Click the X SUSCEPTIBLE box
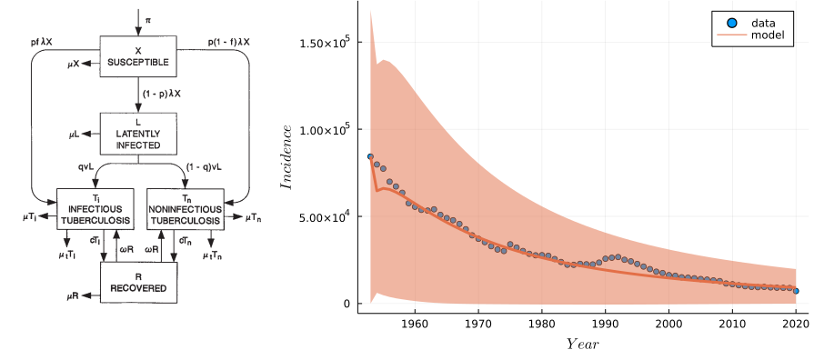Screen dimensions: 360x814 pyautogui.click(x=138, y=56)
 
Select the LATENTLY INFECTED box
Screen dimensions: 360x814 pyautogui.click(x=138, y=134)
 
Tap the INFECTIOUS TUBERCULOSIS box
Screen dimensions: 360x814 pyautogui.click(x=95, y=208)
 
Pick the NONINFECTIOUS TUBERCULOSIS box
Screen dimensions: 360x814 pyautogui.click(x=186, y=208)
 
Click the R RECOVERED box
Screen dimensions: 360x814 pyautogui.click(x=138, y=282)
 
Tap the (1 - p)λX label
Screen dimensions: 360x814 pyautogui.click(x=162, y=95)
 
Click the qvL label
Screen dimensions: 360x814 pyautogui.click(x=86, y=167)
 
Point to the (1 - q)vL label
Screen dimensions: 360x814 pyautogui.click(x=201, y=167)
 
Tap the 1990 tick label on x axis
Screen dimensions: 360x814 pyautogui.click(x=605, y=323)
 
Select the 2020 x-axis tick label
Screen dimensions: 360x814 pyautogui.click(x=796, y=323)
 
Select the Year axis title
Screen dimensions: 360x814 pyautogui.click(x=582, y=344)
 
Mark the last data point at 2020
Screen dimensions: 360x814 pyautogui.click(x=796, y=291)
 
